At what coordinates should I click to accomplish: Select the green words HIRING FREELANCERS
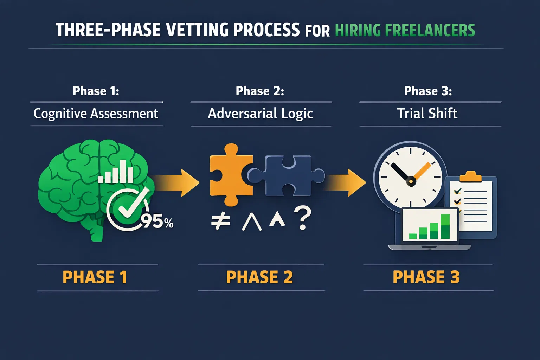[405, 30]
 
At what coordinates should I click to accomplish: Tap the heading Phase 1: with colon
[96, 91]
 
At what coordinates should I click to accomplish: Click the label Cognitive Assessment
[96, 114]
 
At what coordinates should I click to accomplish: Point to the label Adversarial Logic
[260, 114]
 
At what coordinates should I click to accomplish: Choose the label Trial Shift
[427, 114]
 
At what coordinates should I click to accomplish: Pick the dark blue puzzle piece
[287, 175]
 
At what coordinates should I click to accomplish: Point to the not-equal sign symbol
[220, 221]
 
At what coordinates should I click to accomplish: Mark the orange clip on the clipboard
[470, 176]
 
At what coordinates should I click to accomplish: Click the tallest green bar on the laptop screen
[445, 227]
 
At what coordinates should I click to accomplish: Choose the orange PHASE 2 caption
[259, 277]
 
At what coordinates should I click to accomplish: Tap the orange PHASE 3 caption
[426, 277]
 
